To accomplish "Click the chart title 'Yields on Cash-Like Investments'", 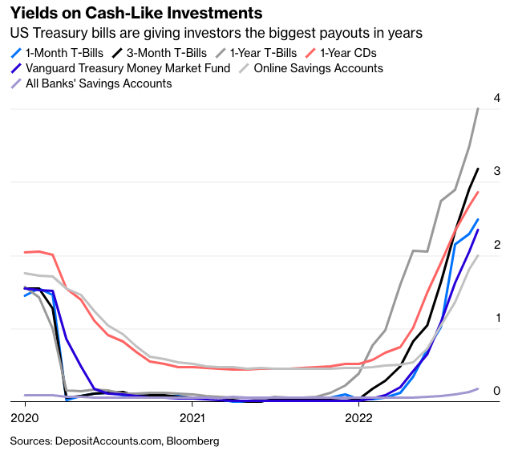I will click(136, 14).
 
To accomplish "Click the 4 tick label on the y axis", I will click(497, 98).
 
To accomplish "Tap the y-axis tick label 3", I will click(497, 172).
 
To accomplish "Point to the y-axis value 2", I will click(497, 245).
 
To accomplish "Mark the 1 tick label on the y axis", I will click(497, 318).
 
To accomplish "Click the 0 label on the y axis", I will click(497, 391).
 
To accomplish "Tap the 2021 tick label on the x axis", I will click(192, 417).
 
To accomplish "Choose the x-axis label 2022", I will click(358, 417).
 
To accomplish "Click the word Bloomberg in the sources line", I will click(192, 441).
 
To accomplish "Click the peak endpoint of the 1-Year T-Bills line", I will click(478, 108).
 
